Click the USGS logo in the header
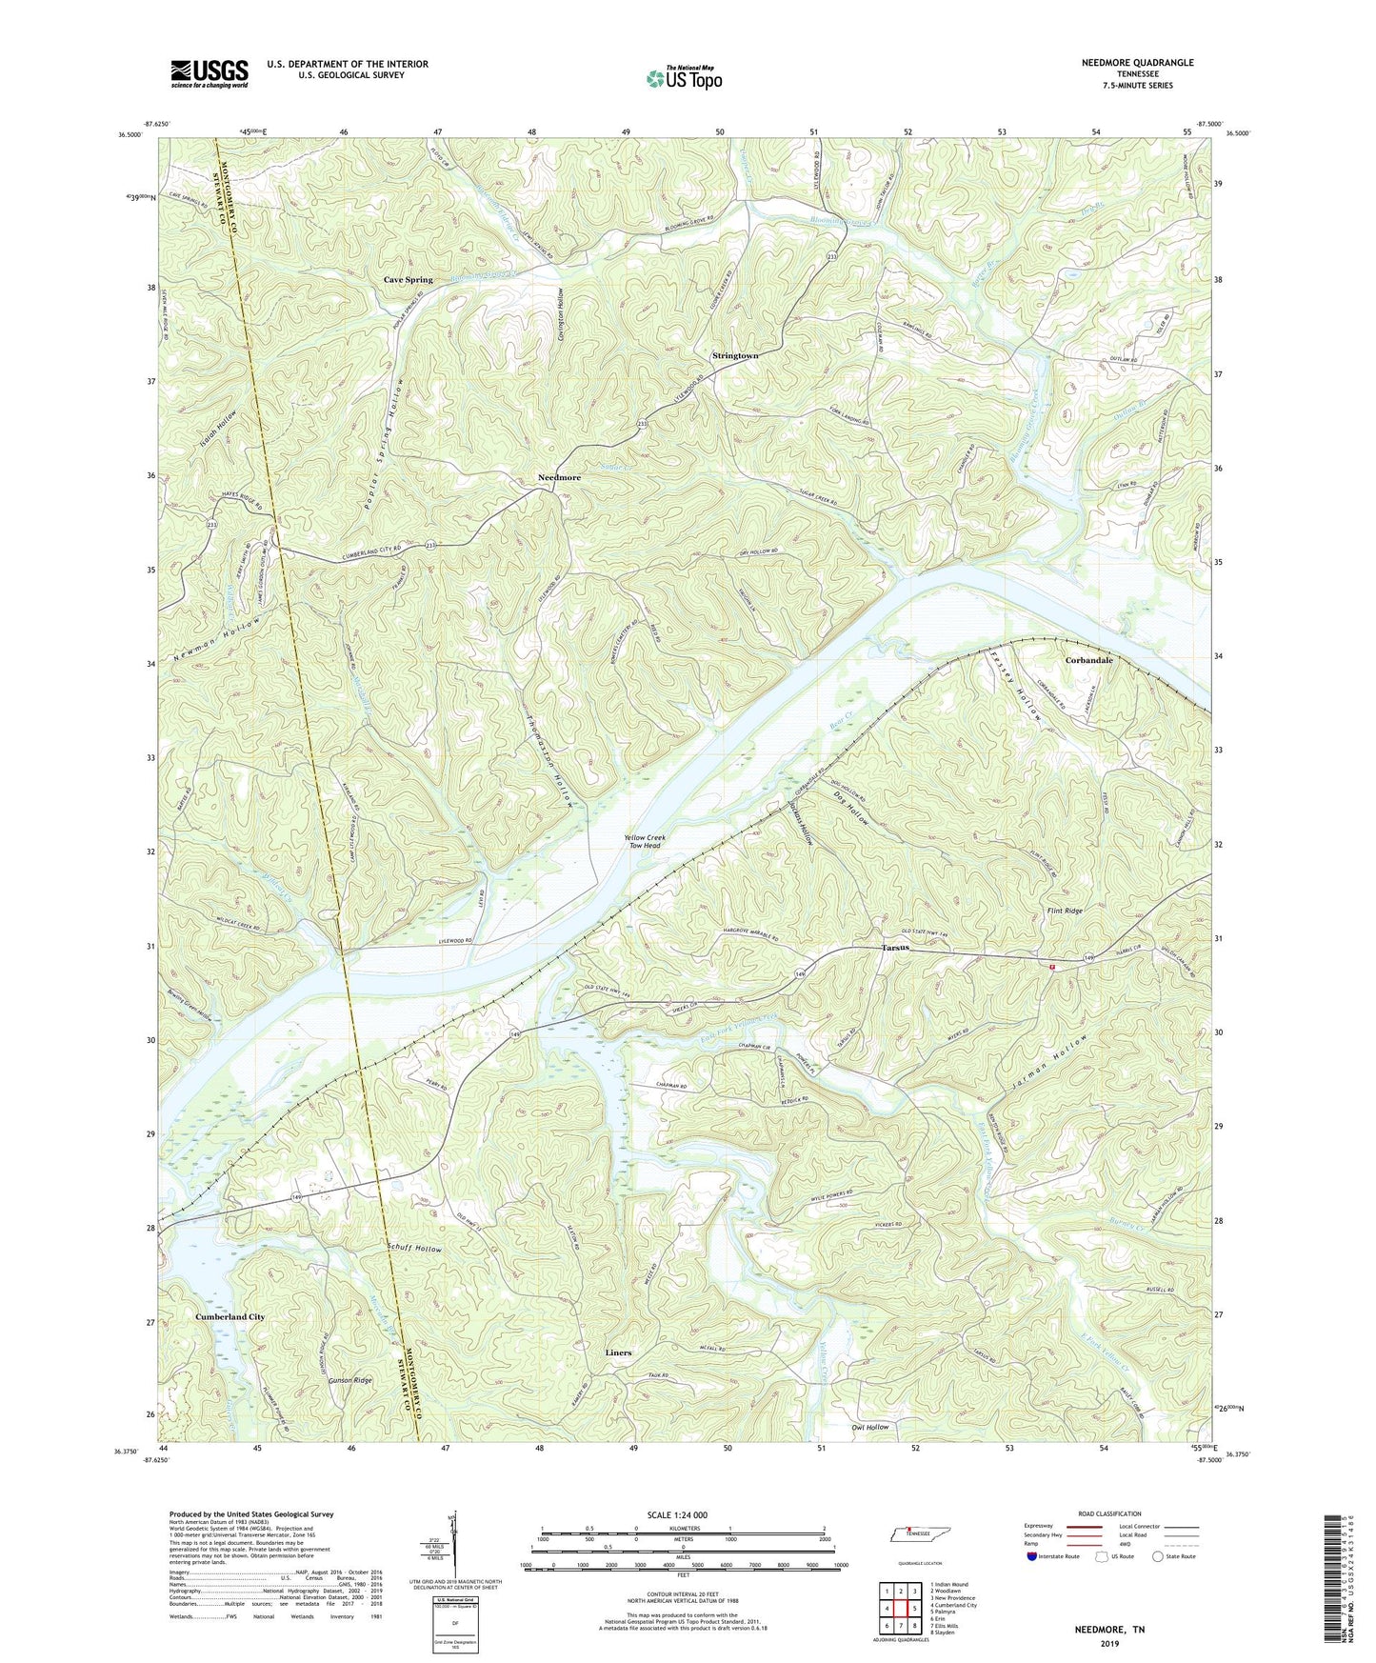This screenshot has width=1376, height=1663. [x=209, y=72]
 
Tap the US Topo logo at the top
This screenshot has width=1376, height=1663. [x=683, y=77]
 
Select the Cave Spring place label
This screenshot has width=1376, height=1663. [x=408, y=280]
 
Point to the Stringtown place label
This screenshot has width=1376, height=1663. [x=735, y=355]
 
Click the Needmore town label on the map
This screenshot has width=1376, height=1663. [x=559, y=477]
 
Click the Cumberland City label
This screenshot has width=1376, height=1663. [x=229, y=1316]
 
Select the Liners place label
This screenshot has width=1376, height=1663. [x=618, y=1352]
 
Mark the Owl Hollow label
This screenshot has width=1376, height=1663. [x=869, y=1427]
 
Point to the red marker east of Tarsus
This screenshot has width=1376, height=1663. [x=1052, y=968]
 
